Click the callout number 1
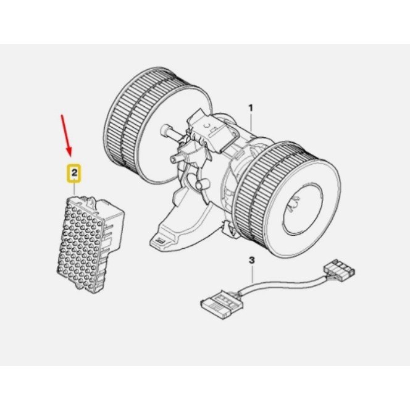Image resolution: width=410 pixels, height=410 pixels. click(x=251, y=108)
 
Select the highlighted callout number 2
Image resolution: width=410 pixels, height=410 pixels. click(x=75, y=172)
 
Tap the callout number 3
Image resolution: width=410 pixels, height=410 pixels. click(x=251, y=261)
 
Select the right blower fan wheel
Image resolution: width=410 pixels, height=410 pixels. click(x=288, y=199)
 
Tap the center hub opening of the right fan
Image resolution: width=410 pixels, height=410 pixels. click(x=303, y=207)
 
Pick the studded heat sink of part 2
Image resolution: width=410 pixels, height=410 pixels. click(x=80, y=245)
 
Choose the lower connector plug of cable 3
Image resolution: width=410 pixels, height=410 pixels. click(x=222, y=304)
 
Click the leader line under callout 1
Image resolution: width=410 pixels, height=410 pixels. click(x=251, y=122)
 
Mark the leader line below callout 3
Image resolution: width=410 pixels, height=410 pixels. click(x=252, y=274)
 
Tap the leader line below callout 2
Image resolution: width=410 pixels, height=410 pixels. click(x=75, y=187)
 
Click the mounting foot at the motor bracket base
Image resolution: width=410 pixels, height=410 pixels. click(x=159, y=242)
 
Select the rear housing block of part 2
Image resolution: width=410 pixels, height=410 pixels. click(x=111, y=227)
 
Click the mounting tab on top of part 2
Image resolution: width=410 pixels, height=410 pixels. click(x=90, y=202)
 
